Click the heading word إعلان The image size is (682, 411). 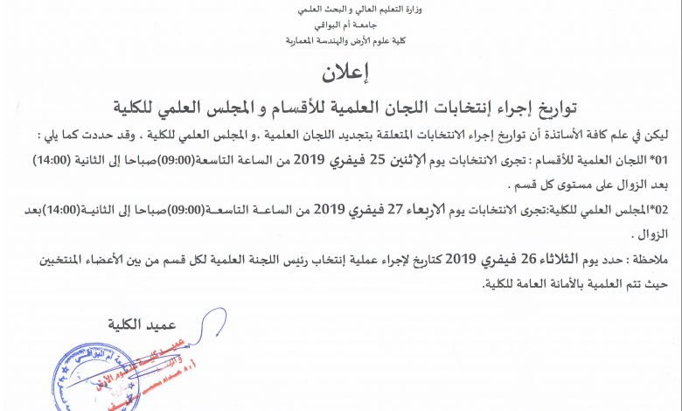pos(340,74)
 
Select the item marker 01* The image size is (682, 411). pos(659,162)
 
